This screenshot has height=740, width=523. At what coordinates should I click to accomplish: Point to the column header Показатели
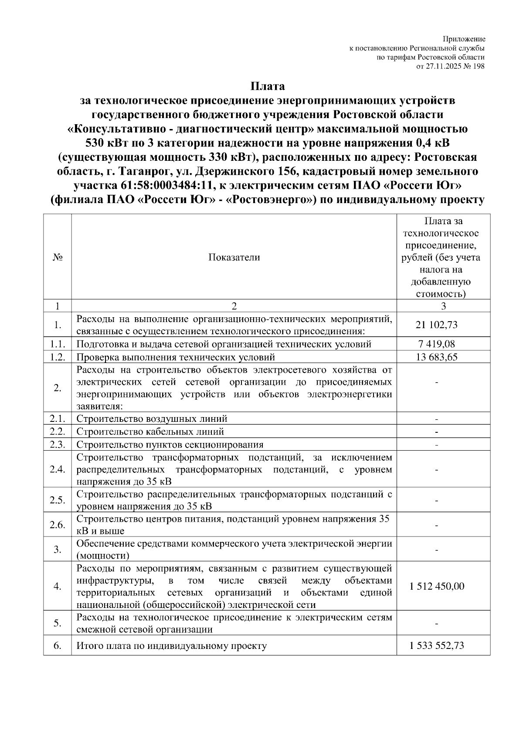click(x=234, y=257)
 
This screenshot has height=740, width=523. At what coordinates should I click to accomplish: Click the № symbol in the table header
click(x=58, y=257)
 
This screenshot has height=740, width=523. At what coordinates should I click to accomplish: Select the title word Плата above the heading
click(x=267, y=86)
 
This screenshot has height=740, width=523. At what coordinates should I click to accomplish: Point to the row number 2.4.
click(x=58, y=469)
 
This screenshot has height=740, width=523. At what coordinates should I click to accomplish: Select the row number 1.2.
click(x=58, y=357)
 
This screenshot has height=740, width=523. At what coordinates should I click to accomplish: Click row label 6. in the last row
click(x=58, y=645)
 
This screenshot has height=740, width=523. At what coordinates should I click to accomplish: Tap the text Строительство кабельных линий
click(x=150, y=431)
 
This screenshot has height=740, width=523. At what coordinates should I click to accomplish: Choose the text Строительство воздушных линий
click(x=152, y=419)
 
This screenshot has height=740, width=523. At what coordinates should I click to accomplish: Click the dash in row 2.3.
click(x=437, y=445)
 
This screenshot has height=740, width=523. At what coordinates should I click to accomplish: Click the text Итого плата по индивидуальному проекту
click(x=172, y=645)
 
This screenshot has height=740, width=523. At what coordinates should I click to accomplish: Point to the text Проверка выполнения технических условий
click(x=176, y=357)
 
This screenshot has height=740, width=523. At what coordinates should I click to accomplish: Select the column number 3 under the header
click(x=443, y=306)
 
